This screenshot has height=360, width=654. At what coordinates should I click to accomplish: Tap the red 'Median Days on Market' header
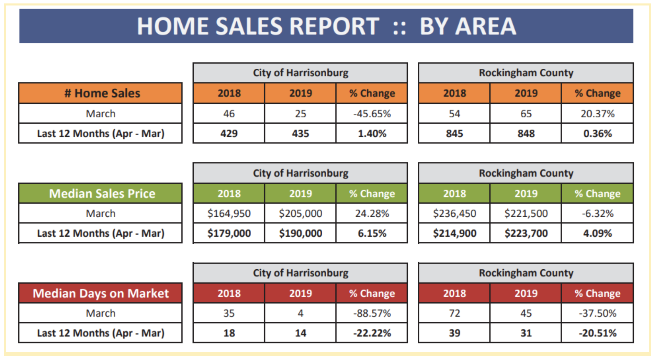(101, 293)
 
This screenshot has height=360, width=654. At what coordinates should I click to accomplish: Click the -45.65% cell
(372, 114)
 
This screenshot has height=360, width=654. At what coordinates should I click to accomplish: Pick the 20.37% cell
(597, 114)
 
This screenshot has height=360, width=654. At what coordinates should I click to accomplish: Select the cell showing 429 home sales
(229, 133)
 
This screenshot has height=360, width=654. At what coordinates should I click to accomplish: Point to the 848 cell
(526, 133)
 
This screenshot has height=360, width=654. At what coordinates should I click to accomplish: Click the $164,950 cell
(229, 213)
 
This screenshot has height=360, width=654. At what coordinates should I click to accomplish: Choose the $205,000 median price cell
(300, 213)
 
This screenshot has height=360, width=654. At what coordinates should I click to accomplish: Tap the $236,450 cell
(454, 213)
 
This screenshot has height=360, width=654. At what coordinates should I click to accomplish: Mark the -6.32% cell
(597, 213)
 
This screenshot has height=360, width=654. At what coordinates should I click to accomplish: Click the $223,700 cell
(526, 233)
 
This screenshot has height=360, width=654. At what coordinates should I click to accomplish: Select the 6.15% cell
(372, 233)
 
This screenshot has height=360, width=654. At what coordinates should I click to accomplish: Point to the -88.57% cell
(372, 313)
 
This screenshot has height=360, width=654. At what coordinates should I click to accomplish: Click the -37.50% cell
(597, 313)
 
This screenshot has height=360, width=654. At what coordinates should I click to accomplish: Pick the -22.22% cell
(372, 333)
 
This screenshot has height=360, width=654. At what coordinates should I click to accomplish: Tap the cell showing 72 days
(454, 313)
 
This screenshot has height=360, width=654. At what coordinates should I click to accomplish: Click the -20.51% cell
(597, 333)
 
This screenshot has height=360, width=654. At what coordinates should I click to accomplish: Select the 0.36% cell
(597, 133)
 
